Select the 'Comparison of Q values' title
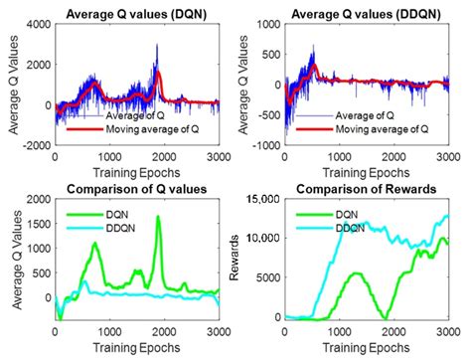(129, 190)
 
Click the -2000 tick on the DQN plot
(36, 144)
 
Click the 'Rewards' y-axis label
(235, 259)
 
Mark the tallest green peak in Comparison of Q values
(158, 217)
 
